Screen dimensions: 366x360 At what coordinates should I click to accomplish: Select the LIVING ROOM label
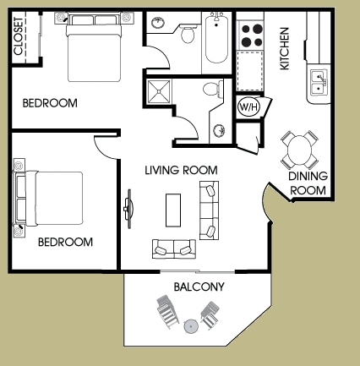(180, 170)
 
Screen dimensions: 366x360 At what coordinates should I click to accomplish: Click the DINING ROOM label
(308, 183)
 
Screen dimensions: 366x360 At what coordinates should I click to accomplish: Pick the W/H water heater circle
(248, 107)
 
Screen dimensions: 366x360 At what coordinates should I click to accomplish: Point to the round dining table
(302, 150)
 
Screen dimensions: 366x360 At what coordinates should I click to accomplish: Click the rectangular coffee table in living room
(173, 209)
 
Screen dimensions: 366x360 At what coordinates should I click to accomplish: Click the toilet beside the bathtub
(188, 33)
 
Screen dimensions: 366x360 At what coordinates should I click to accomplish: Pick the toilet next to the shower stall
(211, 90)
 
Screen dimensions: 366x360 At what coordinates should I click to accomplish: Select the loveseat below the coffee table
(174, 248)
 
